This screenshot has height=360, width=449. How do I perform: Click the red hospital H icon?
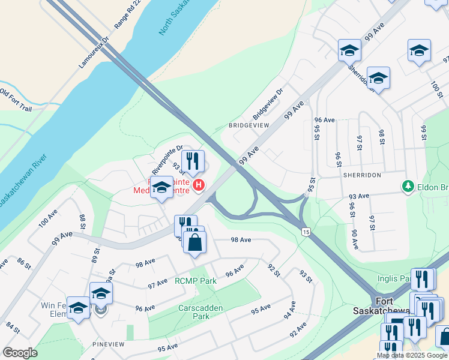click(x=199, y=187)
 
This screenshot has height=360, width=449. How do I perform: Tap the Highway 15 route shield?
click(x=306, y=232)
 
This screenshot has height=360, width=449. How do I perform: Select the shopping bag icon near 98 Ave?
click(x=194, y=242)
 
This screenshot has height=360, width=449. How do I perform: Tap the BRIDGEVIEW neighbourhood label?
click(x=249, y=125)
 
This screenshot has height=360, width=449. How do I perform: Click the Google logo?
click(x=20, y=353)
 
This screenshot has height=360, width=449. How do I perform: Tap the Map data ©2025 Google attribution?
click(x=412, y=355)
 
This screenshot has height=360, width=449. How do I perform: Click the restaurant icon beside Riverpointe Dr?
click(x=193, y=161)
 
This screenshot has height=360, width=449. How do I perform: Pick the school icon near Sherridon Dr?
click(x=378, y=78)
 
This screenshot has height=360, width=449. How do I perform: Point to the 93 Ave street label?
click(x=358, y=196)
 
